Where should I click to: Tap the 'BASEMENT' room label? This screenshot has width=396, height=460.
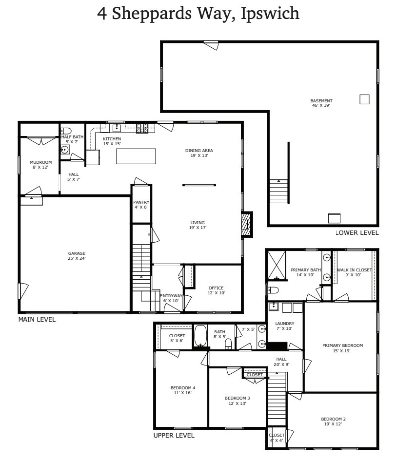click(x=321, y=101)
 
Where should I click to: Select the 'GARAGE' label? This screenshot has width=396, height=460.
click(x=77, y=253)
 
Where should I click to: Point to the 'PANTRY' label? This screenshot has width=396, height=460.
click(x=141, y=202)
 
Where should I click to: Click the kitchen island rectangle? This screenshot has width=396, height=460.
click(x=136, y=156)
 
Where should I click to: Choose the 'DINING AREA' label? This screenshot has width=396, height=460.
click(x=199, y=151)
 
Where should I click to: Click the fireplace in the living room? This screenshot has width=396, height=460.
click(x=247, y=224)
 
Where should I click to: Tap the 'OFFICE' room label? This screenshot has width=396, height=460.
click(x=216, y=288)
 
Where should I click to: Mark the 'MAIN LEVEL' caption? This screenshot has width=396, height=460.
click(x=37, y=320)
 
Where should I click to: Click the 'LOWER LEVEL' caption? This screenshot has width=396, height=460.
click(x=357, y=233)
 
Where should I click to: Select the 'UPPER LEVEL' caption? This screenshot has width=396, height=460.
click(x=174, y=435)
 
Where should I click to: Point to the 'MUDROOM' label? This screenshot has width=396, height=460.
click(x=40, y=162)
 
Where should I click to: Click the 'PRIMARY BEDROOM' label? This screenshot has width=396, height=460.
click(x=342, y=345)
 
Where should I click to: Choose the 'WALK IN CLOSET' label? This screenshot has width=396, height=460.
click(x=354, y=270)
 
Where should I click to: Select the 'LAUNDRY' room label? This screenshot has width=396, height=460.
click(x=284, y=324)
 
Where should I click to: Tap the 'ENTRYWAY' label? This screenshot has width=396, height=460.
click(x=171, y=296)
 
